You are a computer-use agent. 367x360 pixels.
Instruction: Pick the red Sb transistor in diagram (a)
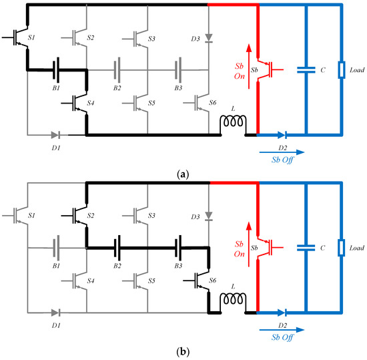pos(264,68)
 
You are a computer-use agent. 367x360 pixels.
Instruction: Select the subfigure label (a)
pos(183,174)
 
